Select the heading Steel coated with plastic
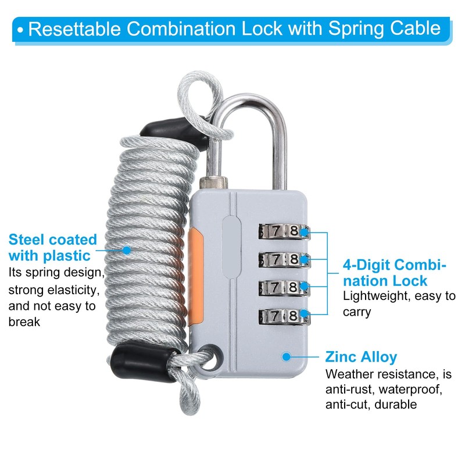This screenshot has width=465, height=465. [x=52, y=247]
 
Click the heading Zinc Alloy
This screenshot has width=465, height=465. [x=361, y=357]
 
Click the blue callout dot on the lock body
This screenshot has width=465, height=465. [x=285, y=356]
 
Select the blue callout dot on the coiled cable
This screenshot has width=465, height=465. [x=127, y=250]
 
